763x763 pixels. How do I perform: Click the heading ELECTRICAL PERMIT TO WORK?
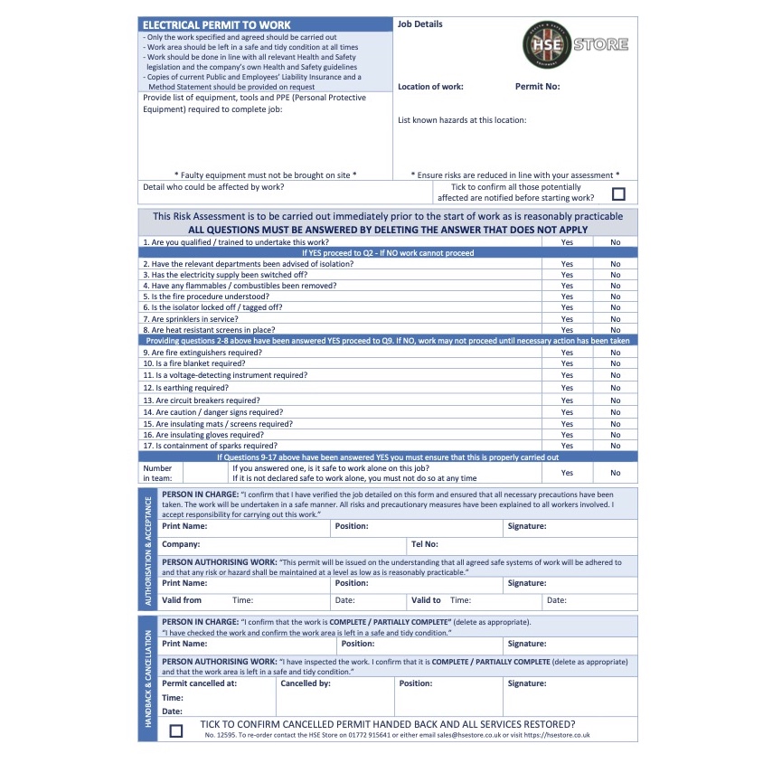coord(216,24)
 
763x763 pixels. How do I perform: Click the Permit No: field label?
coord(537,87)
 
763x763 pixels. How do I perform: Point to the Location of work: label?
coord(430,87)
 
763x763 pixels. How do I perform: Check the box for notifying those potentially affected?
coord(618,193)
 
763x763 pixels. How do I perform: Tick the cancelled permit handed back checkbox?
coord(175,730)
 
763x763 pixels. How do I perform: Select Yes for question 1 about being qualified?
coord(567,242)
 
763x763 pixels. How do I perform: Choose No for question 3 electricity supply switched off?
coord(616,275)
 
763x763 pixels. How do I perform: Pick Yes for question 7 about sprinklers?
coord(567,319)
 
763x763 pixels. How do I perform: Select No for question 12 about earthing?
coord(616,388)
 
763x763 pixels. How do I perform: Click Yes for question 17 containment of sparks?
coord(567,446)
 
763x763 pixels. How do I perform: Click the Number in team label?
coord(157,473)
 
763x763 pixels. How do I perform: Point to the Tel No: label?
coord(425,545)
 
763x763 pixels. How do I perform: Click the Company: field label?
coord(181,545)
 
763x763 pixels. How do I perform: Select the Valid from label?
coord(182,600)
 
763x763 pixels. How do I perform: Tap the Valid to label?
coord(426,600)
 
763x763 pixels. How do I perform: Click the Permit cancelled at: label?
coord(199,683)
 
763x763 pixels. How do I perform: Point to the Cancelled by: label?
coord(306,683)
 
